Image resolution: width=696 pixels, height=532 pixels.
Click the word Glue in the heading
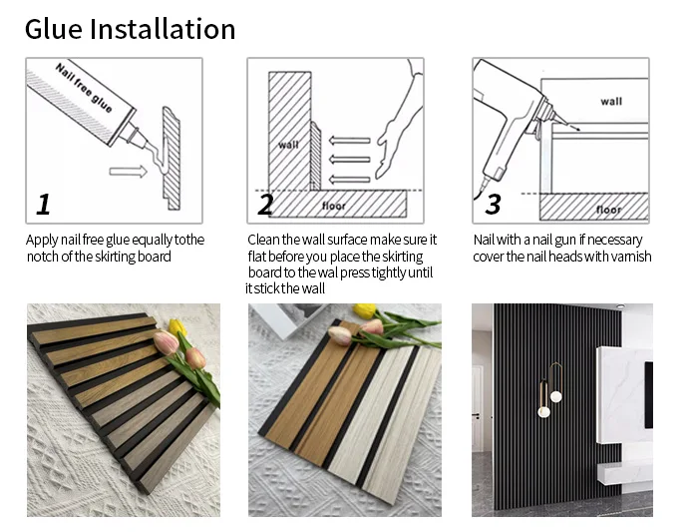point(54,29)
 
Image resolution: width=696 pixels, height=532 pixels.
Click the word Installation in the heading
point(163,29)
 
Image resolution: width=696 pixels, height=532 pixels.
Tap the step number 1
point(43,205)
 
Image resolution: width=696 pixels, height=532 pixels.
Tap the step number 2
point(265,205)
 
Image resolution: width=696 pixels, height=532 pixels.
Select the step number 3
point(493,205)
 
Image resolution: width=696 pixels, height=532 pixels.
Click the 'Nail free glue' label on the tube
point(84,88)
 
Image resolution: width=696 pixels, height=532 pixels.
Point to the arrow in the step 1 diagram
point(128,171)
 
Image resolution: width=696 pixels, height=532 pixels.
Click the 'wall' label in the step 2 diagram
point(288,145)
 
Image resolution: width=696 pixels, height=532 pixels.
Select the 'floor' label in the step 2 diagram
point(333,206)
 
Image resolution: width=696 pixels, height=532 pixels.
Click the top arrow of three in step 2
point(349,141)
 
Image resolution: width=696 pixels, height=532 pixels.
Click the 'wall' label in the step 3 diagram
point(611,102)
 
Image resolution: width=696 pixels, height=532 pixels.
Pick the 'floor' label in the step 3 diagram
point(608,210)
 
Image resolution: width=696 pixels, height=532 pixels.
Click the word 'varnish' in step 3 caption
point(631,257)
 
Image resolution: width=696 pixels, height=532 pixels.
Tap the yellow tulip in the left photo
point(177,326)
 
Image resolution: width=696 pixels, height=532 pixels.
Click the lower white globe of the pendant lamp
point(543,412)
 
